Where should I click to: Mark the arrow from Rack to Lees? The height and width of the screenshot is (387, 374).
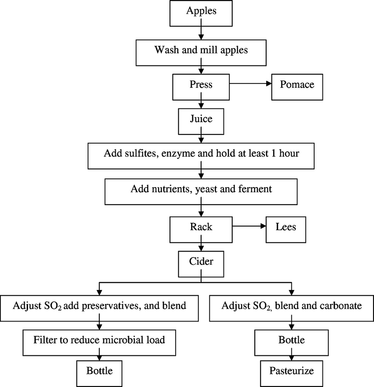click(x=249, y=227)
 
